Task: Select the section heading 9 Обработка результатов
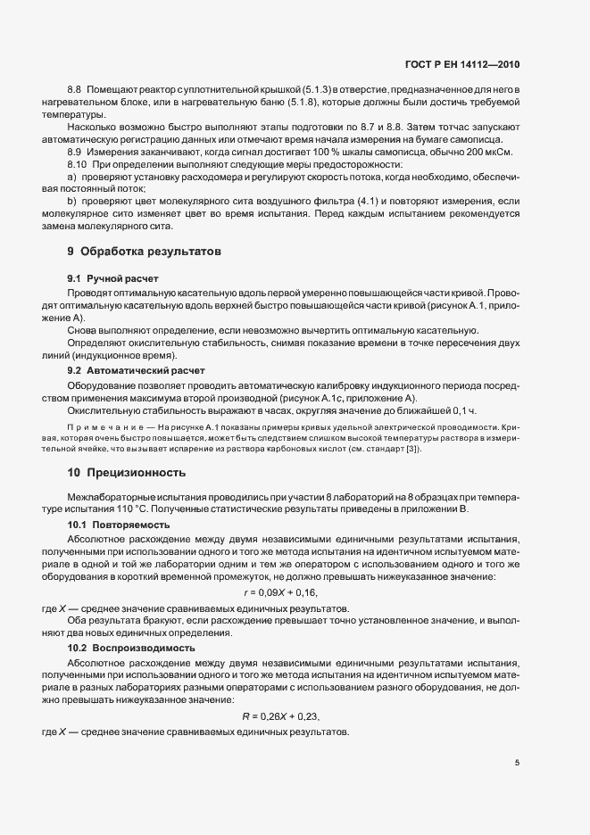(145, 252)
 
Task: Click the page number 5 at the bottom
(517, 763)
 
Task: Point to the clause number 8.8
(75, 92)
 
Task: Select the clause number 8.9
(75, 153)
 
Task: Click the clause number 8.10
(77, 165)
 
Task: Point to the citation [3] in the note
(411, 448)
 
